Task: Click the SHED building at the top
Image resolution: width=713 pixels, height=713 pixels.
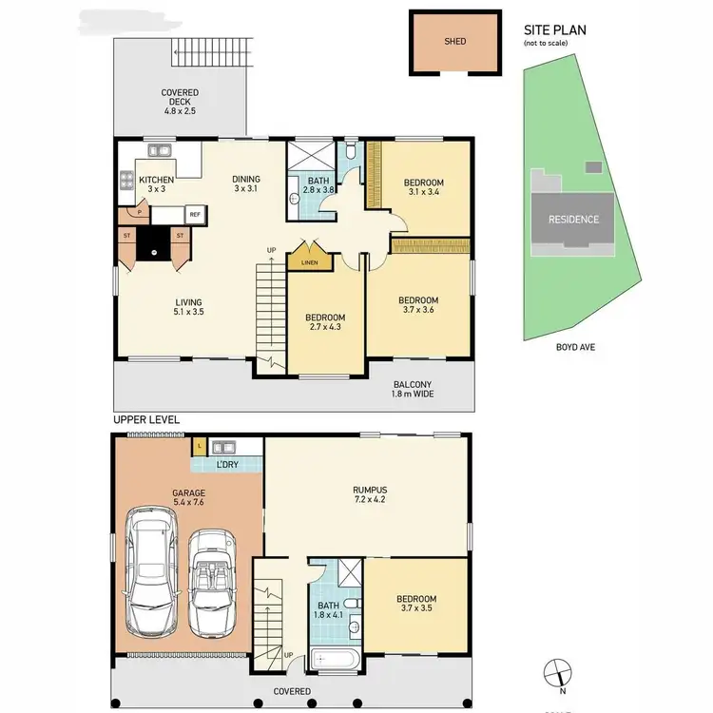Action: click(x=454, y=42)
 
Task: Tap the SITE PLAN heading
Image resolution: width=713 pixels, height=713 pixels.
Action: click(x=555, y=29)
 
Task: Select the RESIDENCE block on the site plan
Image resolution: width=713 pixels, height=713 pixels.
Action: click(x=573, y=220)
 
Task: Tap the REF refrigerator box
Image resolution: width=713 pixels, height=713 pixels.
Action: click(x=194, y=215)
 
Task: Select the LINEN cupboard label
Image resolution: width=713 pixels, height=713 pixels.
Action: click(x=308, y=262)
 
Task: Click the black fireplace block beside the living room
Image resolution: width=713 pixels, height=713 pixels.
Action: click(x=153, y=243)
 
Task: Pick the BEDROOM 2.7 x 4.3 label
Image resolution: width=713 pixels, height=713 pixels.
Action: click(x=325, y=323)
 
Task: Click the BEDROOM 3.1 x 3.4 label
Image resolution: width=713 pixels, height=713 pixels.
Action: click(x=424, y=188)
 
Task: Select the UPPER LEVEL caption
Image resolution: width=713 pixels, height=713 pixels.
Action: click(x=146, y=419)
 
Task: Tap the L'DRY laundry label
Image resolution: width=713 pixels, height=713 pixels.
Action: click(x=227, y=464)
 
